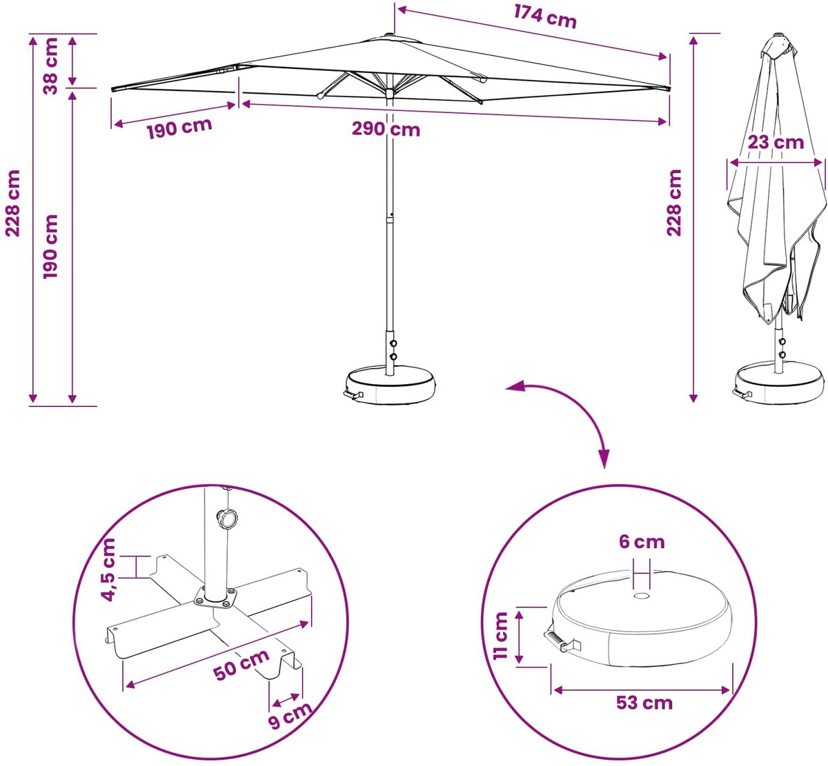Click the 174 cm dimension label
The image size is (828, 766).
pyautogui.click(x=545, y=17)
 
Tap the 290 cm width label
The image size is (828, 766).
pyautogui.click(x=386, y=129)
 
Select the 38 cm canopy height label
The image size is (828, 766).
pyautogui.click(x=50, y=66)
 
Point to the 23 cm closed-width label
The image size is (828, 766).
pyautogui.click(x=776, y=143)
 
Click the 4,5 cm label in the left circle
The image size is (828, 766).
pyautogui.click(x=108, y=570)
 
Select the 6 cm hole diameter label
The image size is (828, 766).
pyautogui.click(x=642, y=542)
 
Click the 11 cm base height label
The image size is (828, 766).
pyautogui.click(x=500, y=636)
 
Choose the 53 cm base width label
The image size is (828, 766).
pyautogui.click(x=644, y=703)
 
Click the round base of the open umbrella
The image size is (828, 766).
pyautogui.click(x=388, y=385)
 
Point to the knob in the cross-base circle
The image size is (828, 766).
pyautogui.click(x=227, y=519)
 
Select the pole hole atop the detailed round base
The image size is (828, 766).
pyautogui.click(x=641, y=596)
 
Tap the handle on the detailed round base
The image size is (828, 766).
pyautogui.click(x=561, y=639)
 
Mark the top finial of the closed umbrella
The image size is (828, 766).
pyautogui.click(x=778, y=35)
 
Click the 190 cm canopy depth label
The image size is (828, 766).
pyautogui.click(x=179, y=128)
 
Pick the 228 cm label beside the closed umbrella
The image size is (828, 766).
pyautogui.click(x=673, y=203)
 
